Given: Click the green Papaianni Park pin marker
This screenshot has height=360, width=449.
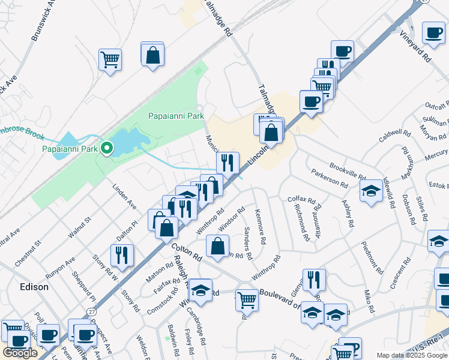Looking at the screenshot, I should (x=107, y=148).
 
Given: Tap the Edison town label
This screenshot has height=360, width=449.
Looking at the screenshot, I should (x=34, y=287).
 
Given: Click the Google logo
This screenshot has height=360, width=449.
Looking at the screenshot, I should (x=20, y=353).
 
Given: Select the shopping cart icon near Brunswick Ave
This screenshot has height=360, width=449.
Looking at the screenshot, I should (x=110, y=59).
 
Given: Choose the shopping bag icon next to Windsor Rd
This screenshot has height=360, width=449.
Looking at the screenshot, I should (x=217, y=245).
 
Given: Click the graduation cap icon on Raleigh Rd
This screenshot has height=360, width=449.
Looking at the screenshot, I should (x=200, y=290).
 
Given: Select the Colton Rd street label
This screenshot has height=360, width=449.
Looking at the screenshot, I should (x=186, y=251).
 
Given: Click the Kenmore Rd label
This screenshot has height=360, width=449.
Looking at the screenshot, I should (x=261, y=227).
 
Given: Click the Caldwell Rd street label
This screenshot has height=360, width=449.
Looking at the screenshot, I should (x=394, y=136).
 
